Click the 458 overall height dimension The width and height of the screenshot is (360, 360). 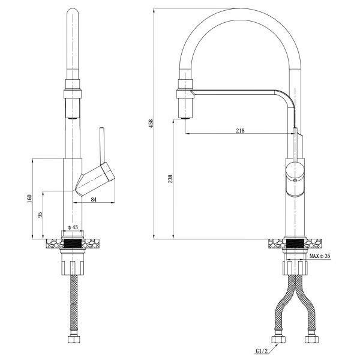point(151,124)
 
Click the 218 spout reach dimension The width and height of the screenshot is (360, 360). point(240,131)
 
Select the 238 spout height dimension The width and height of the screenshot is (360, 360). point(170,179)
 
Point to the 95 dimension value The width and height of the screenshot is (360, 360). point(40,215)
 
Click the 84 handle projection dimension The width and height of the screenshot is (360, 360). point(94,200)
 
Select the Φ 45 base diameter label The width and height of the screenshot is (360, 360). point(73,227)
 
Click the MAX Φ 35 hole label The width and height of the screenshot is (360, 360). point(320,256)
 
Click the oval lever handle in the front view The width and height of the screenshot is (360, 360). point(295,179)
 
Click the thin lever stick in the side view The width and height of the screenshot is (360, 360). point(102,146)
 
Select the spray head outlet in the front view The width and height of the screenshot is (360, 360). point(186,109)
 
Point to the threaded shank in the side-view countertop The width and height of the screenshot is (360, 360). point(73,244)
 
